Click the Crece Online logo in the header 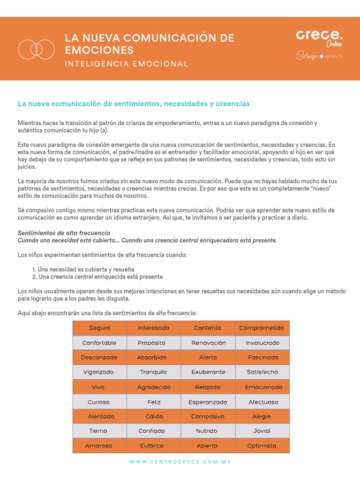pos(319,37)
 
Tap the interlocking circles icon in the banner pos(36,48)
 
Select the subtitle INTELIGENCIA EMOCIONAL pos(127,64)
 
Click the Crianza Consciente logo pos(319,56)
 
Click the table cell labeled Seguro pos(99,328)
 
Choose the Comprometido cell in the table pos(262,328)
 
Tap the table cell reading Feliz pos(154,402)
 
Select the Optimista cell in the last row pos(262,446)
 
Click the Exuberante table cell pos(208,372)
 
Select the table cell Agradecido pos(154,387)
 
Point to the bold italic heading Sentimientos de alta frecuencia pos(64,233)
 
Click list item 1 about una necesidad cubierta pos(83,270)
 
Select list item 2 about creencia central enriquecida pos(97,277)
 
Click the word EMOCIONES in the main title pos(99,50)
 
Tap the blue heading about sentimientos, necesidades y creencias pos(134,103)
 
